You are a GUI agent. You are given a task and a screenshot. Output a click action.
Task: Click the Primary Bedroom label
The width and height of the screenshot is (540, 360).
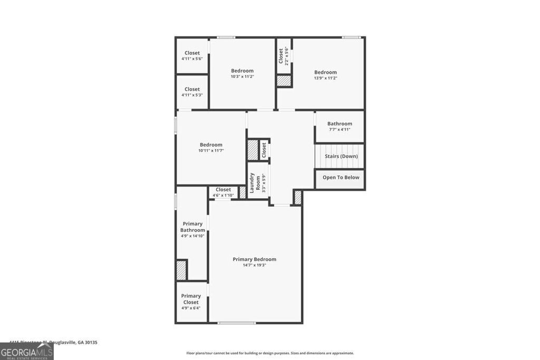pos(254,259)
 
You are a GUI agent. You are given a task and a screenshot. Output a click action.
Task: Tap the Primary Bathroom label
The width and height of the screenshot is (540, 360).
pos(192,227)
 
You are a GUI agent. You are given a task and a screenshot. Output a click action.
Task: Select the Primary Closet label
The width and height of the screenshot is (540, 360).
pos(191,299)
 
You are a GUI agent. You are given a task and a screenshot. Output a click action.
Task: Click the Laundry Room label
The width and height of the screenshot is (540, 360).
pos(252,182)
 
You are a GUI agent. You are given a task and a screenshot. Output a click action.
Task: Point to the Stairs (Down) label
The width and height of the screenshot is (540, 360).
pos(341,156)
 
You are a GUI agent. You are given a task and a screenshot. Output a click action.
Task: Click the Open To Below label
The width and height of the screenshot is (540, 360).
pos(341,178)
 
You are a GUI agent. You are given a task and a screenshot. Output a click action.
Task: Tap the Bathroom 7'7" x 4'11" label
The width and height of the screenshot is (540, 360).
pos(339,127)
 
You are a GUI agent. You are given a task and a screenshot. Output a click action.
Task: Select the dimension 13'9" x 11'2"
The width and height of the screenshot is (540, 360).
pos(325,78)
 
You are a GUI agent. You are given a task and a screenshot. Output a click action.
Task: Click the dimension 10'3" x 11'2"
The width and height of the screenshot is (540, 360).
pos(242,76)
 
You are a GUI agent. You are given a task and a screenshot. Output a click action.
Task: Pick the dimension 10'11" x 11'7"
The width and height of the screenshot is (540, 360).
pos(211,150)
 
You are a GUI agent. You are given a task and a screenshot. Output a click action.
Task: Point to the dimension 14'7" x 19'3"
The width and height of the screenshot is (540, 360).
pos(254,265)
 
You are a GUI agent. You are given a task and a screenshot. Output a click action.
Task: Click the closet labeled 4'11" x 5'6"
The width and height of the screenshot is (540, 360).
pos(192,56)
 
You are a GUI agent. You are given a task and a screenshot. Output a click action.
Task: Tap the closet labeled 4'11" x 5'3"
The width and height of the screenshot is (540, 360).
pos(192,92)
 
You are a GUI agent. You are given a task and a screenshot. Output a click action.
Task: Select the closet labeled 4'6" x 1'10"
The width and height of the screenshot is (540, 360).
pos(223,192)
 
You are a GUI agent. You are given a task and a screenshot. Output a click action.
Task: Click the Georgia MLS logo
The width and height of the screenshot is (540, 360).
pos(26,352)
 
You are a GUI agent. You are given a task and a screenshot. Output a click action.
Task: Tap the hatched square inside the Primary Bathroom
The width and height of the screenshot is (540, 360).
pos(181,270)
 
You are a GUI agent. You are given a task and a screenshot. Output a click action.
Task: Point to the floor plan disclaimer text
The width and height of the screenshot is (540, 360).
pos(270,353)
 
